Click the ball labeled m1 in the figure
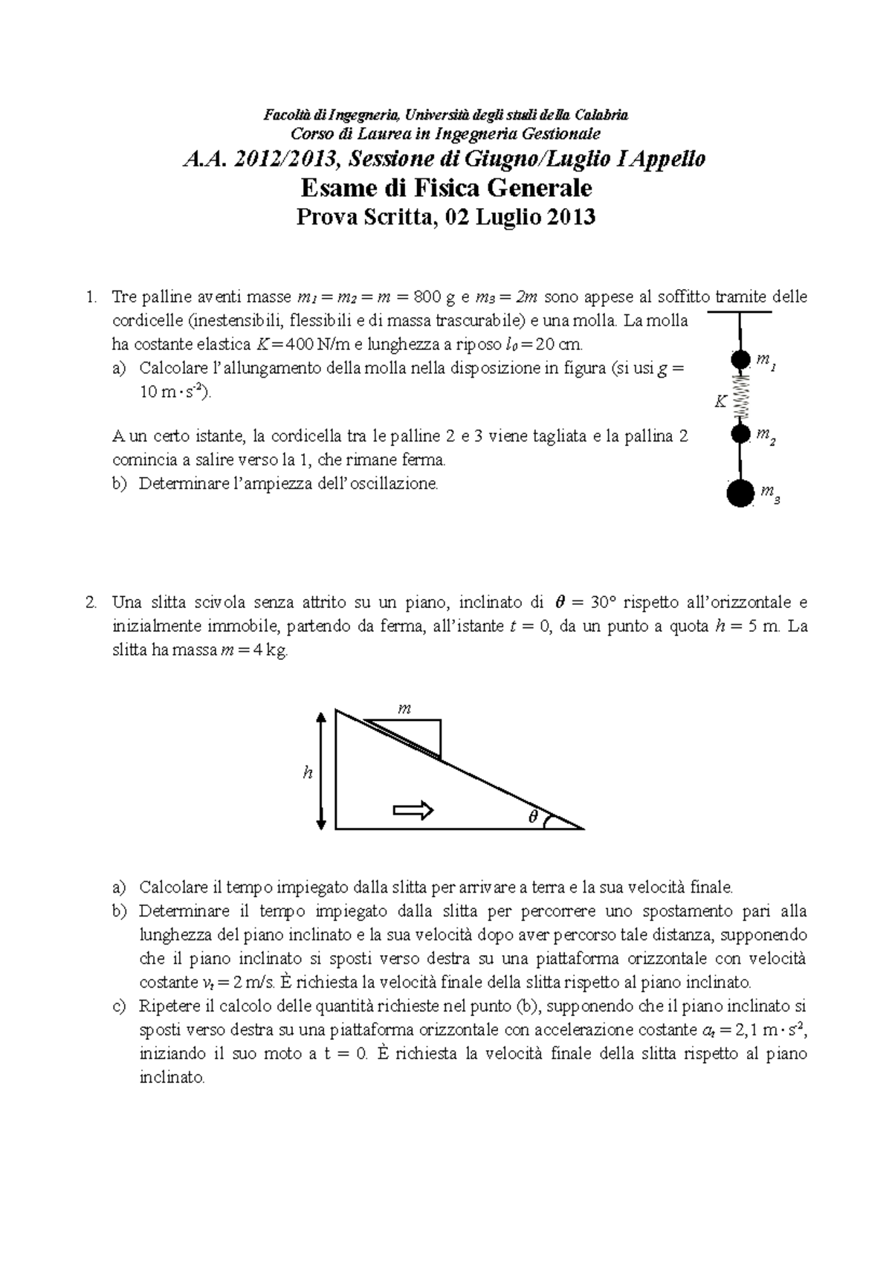[740, 360]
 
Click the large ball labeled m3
[740, 493]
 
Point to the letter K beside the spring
[719, 402]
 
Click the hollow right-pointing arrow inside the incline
[413, 809]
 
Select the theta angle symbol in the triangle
[532, 816]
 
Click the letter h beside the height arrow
[306, 773]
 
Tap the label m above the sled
[404, 708]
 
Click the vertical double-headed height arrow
[321, 770]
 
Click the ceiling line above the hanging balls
[740, 311]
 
